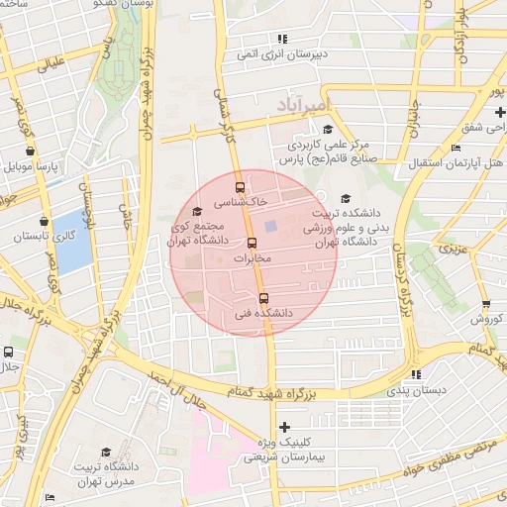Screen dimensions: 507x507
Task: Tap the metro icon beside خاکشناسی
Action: click(x=240, y=187)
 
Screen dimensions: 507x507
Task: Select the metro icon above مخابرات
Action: click(x=251, y=243)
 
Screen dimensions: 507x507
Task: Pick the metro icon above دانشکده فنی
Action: click(x=263, y=298)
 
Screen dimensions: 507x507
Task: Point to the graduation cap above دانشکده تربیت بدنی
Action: click(x=345, y=199)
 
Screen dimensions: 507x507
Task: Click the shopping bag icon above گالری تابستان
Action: click(x=44, y=222)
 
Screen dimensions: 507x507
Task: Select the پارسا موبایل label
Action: click(x=36, y=166)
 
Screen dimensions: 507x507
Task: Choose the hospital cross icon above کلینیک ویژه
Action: click(x=284, y=428)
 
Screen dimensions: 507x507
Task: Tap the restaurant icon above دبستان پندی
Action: click(x=416, y=374)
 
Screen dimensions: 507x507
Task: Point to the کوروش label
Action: click(x=488, y=319)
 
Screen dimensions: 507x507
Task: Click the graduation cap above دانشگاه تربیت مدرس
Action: click(x=106, y=452)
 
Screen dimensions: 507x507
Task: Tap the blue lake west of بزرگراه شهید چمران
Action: click(x=72, y=241)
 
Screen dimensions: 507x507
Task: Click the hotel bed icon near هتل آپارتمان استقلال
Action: click(x=456, y=149)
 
